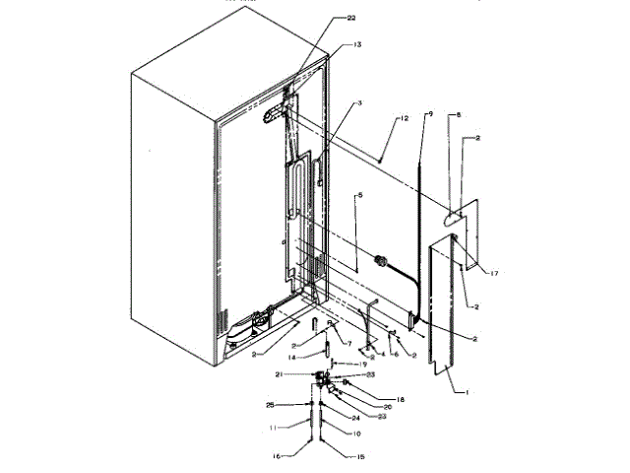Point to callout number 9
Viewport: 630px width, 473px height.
pos(428,114)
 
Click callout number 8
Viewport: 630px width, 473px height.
pos(457,114)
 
